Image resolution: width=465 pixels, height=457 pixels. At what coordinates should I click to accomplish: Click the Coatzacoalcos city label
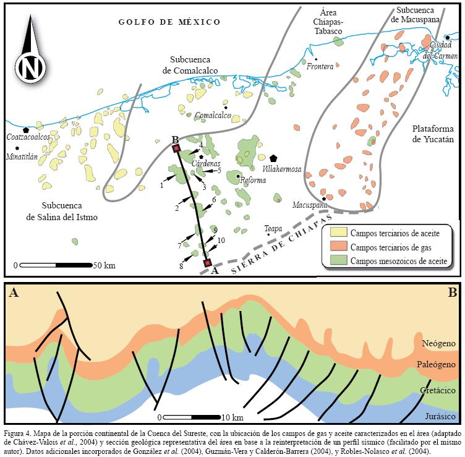coord(27,137)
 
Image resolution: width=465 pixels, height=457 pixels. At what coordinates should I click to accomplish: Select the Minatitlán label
coord(27,156)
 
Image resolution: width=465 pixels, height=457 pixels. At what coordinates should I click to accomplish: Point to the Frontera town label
coord(320,67)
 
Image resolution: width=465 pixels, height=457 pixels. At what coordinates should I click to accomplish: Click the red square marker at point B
coord(176,148)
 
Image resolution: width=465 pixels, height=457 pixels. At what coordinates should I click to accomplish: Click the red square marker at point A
coord(207,263)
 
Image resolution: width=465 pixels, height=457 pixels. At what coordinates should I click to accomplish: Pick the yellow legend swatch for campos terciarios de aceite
coord(336,233)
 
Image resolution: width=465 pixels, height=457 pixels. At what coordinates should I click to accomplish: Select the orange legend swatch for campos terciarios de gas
coord(336,247)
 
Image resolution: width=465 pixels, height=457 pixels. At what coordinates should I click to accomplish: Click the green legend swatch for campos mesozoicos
coord(336,260)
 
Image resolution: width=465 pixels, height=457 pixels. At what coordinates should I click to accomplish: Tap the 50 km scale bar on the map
coord(56,265)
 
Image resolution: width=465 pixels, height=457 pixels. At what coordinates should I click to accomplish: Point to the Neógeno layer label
coord(438,343)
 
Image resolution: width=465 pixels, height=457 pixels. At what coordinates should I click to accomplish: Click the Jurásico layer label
coord(438,415)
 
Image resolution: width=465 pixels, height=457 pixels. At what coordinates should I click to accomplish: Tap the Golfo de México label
coord(169,22)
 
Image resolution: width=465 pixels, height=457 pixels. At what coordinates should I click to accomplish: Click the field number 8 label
coord(181,267)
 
